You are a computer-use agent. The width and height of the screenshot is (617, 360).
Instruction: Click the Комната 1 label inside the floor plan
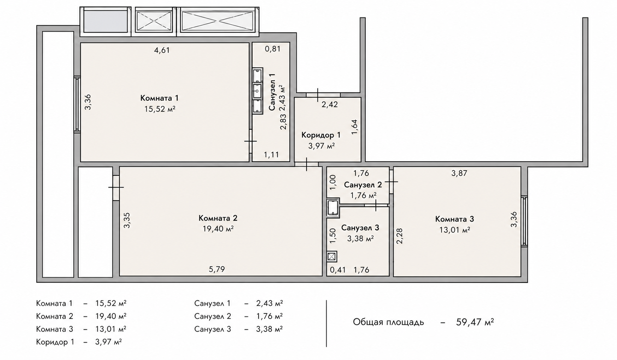159,98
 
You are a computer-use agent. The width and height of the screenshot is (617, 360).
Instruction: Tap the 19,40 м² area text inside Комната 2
218,229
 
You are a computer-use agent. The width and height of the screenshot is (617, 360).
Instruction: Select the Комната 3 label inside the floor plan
455,219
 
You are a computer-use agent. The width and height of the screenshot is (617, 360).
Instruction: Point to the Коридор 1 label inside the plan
321,135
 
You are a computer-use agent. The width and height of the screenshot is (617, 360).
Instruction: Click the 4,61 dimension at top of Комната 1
162,50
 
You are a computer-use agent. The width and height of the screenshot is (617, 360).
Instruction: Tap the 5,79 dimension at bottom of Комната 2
217,269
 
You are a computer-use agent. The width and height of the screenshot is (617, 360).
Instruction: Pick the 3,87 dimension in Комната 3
459,173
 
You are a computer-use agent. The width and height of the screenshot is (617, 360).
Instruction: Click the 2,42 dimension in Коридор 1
330,104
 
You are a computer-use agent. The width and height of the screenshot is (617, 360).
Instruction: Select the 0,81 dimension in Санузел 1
273,49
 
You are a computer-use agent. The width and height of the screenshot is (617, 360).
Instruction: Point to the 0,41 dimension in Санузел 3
338,270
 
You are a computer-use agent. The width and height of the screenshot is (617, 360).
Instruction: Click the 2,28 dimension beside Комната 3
399,236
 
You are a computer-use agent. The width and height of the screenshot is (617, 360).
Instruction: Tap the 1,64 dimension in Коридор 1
354,127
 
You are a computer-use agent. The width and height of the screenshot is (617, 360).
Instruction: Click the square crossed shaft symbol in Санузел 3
332,257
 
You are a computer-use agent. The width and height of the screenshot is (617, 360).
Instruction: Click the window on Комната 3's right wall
525,221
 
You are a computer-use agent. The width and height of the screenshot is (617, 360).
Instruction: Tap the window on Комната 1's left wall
77,104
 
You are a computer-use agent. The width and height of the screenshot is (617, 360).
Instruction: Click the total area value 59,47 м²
475,322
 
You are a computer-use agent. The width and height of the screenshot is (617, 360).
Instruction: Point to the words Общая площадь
389,322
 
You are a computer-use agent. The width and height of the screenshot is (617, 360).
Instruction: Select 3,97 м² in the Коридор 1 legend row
109,342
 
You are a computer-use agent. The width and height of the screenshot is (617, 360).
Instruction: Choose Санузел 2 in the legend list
213,316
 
